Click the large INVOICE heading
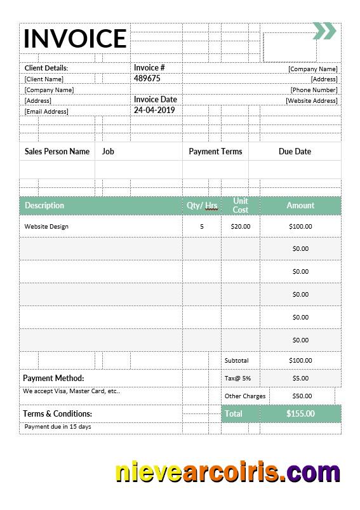tap(75, 39)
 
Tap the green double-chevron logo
tap(324, 30)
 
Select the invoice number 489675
tap(147, 79)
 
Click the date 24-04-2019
tap(154, 110)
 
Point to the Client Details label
tap(46, 68)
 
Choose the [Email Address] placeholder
tap(46, 112)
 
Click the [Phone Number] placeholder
tap(314, 90)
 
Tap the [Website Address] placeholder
tap(311, 101)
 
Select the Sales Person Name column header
tap(57, 152)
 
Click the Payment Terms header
tap(215, 152)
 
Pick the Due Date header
tap(295, 152)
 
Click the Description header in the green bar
tap(44, 206)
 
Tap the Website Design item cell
tap(46, 227)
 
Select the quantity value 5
tap(202, 227)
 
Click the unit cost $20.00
tap(241, 227)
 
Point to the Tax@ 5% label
tap(237, 379)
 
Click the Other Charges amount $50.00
tap(302, 396)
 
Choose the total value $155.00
tap(300, 414)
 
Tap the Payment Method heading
tap(53, 379)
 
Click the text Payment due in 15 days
tap(58, 427)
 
